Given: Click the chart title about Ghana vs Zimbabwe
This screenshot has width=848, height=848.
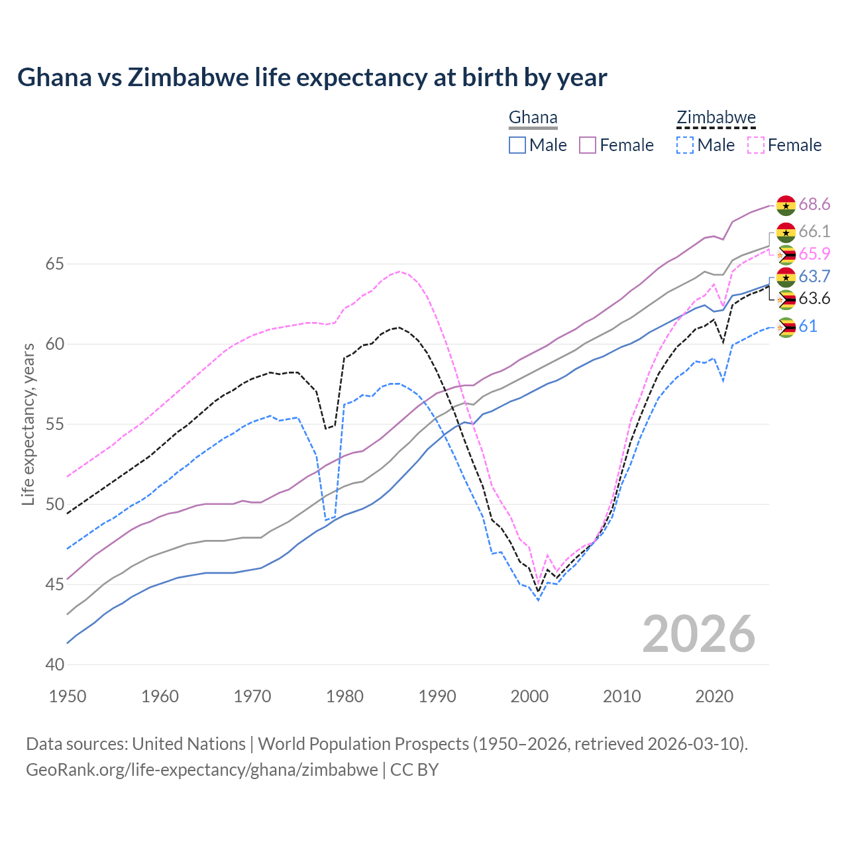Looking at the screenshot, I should tap(312, 78).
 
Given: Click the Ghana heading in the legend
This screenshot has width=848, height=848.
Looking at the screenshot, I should tap(533, 118).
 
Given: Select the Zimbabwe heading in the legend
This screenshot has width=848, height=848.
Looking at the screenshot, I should tap(715, 118).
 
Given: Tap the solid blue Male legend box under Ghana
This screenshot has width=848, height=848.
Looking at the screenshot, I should tap(517, 145).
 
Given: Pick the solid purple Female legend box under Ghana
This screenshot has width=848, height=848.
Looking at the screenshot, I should tap(588, 145).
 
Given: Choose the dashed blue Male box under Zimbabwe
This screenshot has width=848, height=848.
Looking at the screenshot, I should tap(685, 145).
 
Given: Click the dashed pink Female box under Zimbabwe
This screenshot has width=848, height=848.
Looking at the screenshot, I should tap(755, 145).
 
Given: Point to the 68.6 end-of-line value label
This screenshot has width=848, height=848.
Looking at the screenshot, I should tap(814, 204).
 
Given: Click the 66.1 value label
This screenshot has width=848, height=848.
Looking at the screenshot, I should tap(814, 231).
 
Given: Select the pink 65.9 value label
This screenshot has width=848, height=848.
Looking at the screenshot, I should tap(814, 254).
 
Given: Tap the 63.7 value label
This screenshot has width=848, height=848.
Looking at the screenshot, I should tap(814, 276).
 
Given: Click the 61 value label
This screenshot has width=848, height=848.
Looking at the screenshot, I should tap(808, 326).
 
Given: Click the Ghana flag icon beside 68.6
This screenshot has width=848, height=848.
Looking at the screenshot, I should tap(786, 205).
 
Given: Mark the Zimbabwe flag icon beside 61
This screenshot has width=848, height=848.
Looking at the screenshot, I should tap(786, 327).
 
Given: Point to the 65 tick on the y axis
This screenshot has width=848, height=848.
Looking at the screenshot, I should tap(54, 264).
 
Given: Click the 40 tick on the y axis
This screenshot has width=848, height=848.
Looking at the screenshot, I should tap(54, 664).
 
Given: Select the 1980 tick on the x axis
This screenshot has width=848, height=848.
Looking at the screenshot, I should tap(344, 696).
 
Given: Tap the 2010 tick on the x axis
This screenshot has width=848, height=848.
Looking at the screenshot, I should tap(621, 696).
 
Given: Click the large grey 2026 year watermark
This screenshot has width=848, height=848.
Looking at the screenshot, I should tap(699, 634).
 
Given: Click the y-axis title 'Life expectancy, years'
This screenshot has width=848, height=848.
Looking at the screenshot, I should tap(28, 424).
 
